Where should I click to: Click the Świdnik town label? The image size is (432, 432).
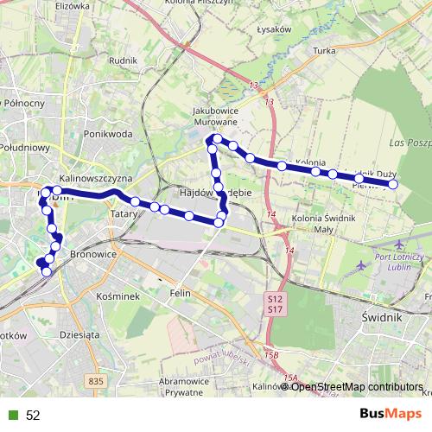[378, 318]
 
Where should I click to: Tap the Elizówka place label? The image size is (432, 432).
[73, 5]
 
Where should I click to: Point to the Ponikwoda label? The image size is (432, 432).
[108, 134]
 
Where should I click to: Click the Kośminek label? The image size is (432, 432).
[94, 295]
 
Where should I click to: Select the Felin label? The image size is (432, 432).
[180, 294]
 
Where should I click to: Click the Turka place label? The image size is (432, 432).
[324, 51]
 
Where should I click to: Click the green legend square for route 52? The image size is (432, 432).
[11, 415]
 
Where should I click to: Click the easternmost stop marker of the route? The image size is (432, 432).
[393, 184]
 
